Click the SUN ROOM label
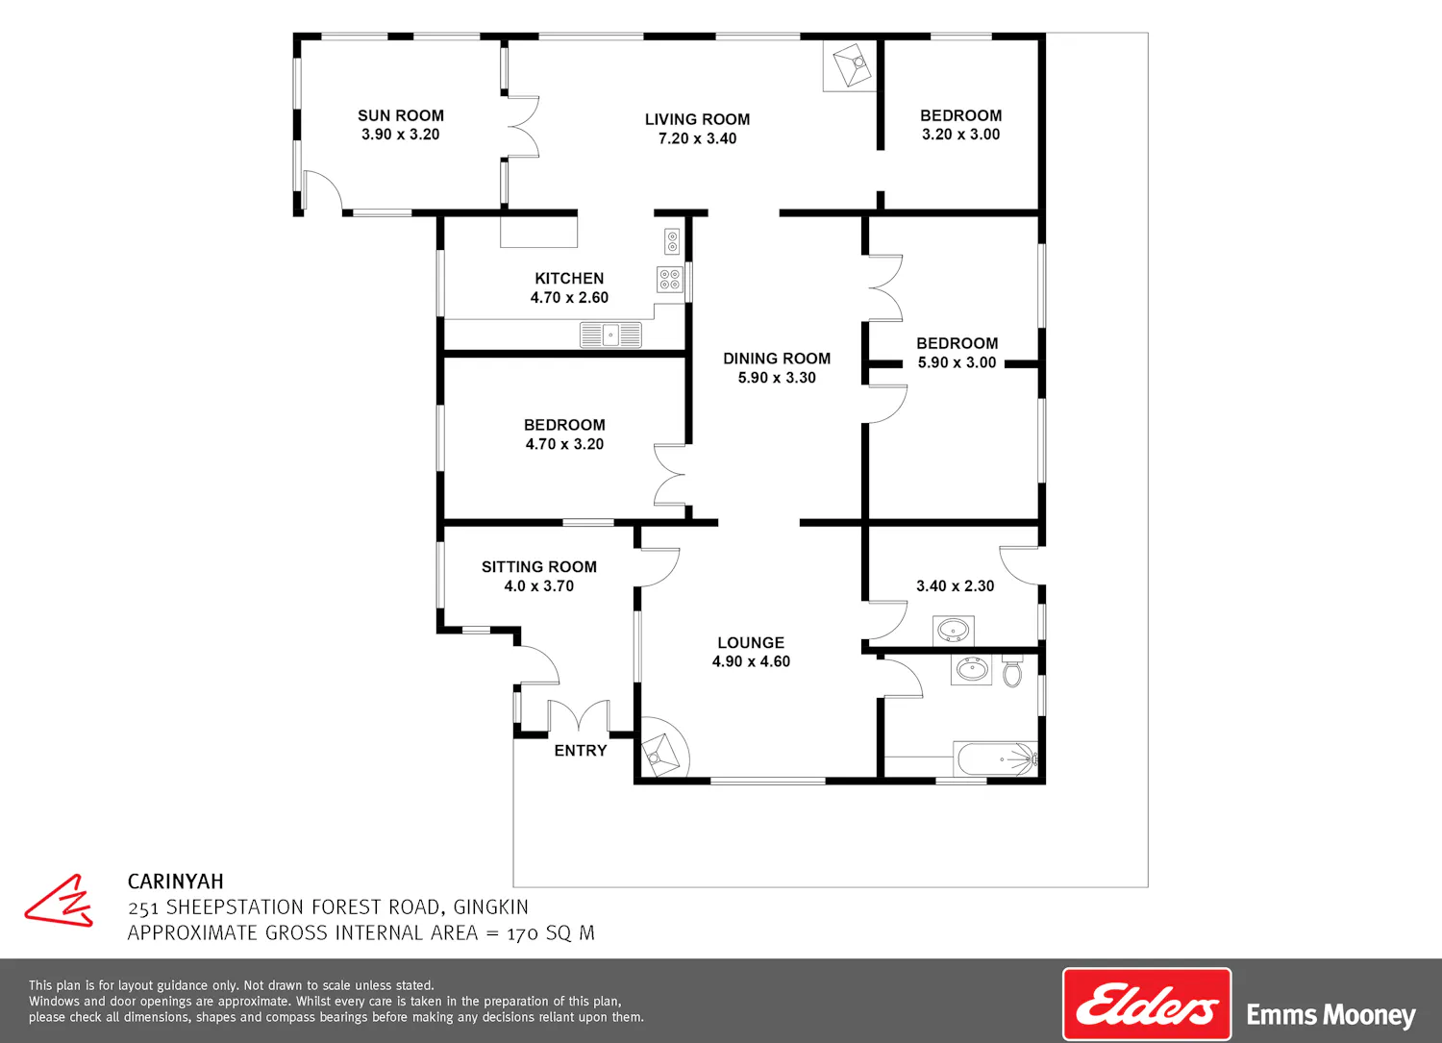click(x=401, y=115)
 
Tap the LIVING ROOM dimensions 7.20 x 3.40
click(x=697, y=138)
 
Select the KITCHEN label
click(x=569, y=278)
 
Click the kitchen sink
click(x=610, y=335)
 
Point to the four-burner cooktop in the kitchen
click(x=670, y=280)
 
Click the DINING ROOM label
click(x=777, y=359)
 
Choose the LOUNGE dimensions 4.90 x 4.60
click(x=751, y=661)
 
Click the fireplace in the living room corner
click(x=851, y=65)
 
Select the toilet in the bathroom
click(x=1012, y=671)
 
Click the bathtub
click(x=997, y=759)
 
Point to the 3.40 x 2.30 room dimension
click(x=956, y=585)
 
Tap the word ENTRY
click(x=580, y=751)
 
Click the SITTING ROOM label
click(x=538, y=566)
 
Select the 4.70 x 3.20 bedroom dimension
click(x=564, y=444)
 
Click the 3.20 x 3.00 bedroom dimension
click(x=960, y=135)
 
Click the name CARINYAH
click(x=175, y=882)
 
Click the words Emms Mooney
click(x=1330, y=1015)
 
